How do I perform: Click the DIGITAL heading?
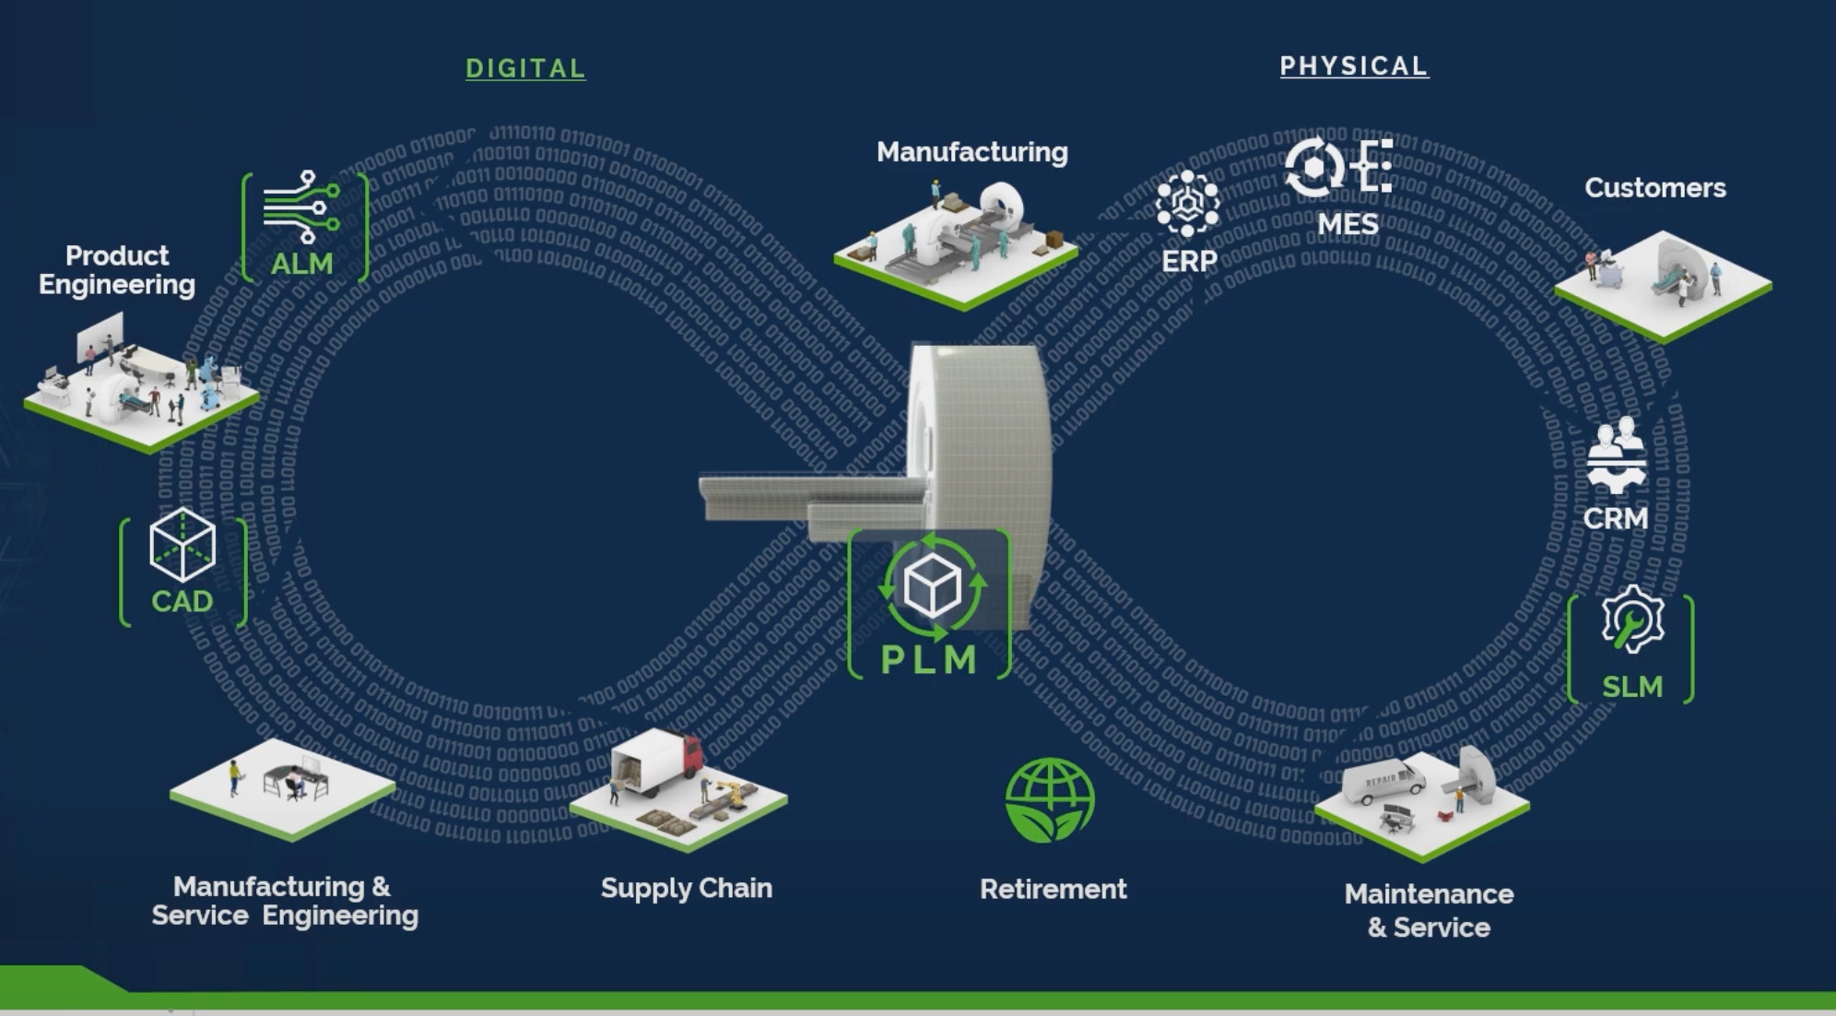pyautogui.click(x=525, y=68)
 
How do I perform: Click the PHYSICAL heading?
pyautogui.click(x=1354, y=66)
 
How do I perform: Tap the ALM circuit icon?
pyautogui.click(x=301, y=206)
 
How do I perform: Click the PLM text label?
pyautogui.click(x=929, y=659)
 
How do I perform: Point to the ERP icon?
pyautogui.click(x=1187, y=204)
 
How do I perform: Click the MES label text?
pyautogui.click(x=1348, y=224)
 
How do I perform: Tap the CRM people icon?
pyautogui.click(x=1616, y=455)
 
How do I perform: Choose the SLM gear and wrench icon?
pyautogui.click(x=1632, y=620)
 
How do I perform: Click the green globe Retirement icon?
pyautogui.click(x=1050, y=800)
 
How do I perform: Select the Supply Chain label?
pyautogui.click(x=687, y=888)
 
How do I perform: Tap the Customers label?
pyautogui.click(x=1655, y=188)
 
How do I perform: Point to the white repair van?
pyautogui.click(x=1383, y=781)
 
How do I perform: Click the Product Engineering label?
pyautogui.click(x=117, y=269)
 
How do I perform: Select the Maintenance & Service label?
pyautogui.click(x=1429, y=910)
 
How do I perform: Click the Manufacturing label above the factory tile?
pyautogui.click(x=972, y=152)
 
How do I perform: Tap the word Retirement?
pyautogui.click(x=1053, y=889)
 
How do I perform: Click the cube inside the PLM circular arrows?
pyautogui.click(x=932, y=585)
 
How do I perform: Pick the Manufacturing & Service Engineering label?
pyautogui.click(x=285, y=901)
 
